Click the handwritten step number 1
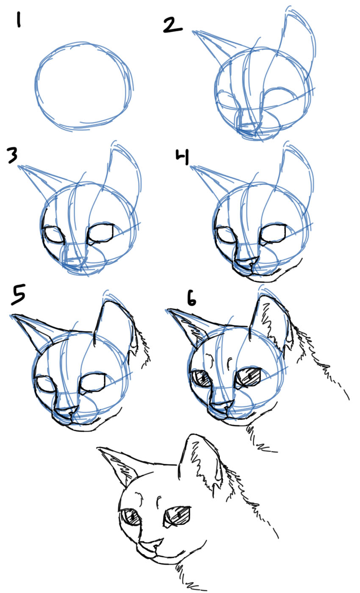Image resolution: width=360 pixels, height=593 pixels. [x=18, y=19]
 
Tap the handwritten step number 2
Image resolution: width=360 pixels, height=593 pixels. [x=172, y=25]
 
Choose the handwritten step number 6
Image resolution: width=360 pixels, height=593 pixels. [x=191, y=299]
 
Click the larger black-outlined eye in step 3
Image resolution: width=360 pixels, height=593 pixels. [x=100, y=233]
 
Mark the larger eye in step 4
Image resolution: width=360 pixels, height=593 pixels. [x=273, y=233]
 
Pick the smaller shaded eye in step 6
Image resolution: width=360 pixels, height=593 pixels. [x=201, y=377]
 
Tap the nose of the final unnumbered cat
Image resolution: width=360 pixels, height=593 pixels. [x=152, y=544]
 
